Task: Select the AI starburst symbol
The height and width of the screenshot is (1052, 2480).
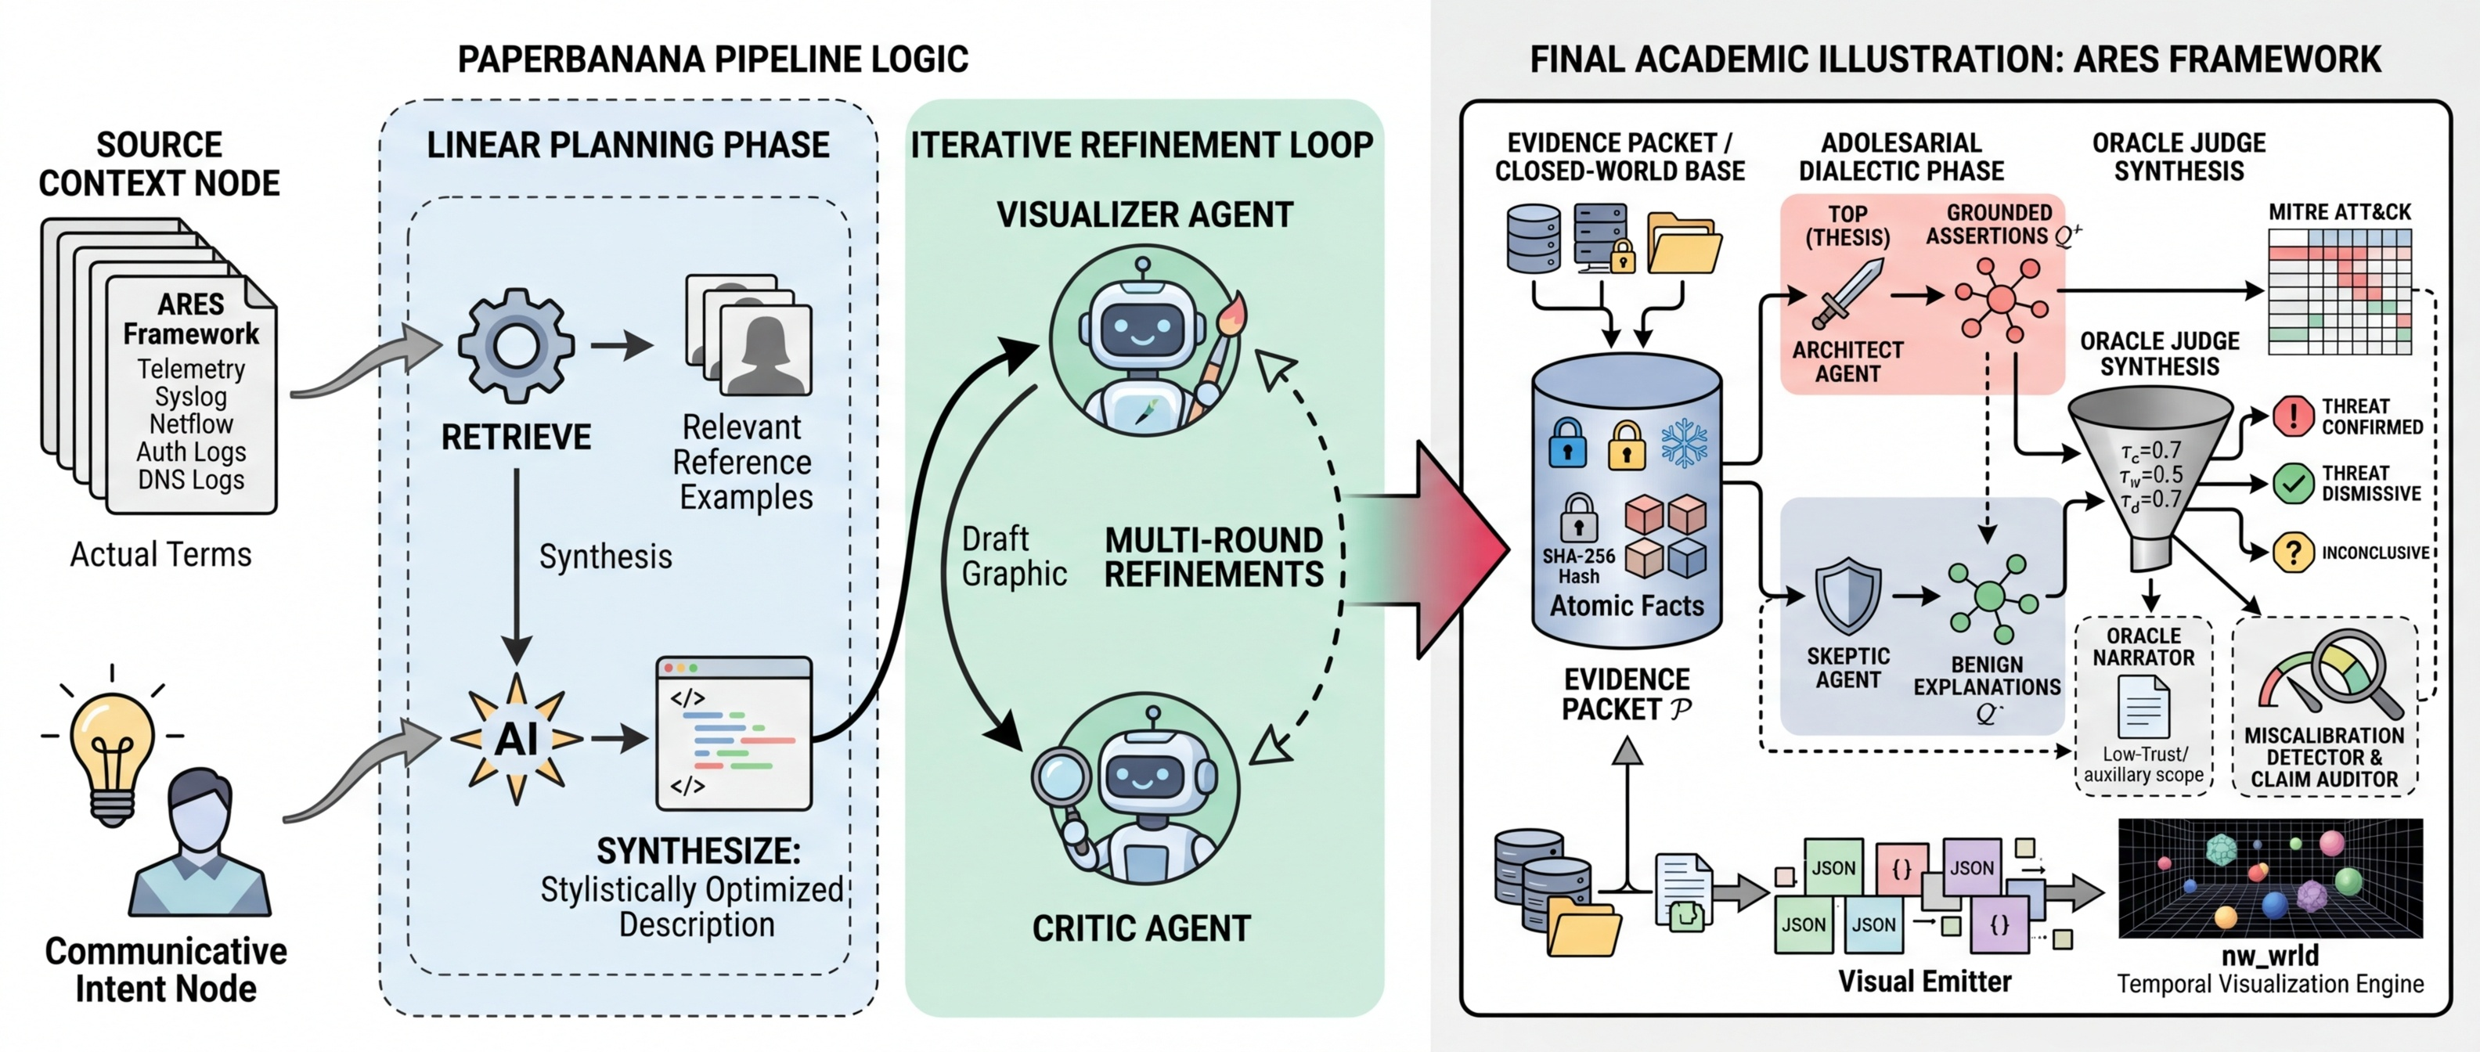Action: [x=517, y=739]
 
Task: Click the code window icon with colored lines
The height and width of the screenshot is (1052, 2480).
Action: [x=734, y=733]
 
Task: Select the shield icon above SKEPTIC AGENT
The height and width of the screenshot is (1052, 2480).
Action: [x=1847, y=596]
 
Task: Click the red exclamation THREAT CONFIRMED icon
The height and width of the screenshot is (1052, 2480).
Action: [x=2293, y=416]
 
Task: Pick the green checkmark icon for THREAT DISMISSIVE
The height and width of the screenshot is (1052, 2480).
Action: [x=2293, y=483]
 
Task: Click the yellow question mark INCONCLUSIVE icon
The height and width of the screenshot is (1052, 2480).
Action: [x=2293, y=553]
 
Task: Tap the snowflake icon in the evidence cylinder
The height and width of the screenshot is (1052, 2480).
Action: [x=1684, y=444]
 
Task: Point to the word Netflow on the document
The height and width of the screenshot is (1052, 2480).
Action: [x=191, y=423]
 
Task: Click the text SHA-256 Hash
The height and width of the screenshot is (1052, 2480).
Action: [x=1578, y=566]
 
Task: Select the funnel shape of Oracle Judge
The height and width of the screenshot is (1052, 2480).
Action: [x=2150, y=472]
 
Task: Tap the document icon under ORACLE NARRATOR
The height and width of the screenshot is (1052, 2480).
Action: [x=2143, y=708]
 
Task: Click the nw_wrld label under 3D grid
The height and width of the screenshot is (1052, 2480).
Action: [x=2269, y=955]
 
